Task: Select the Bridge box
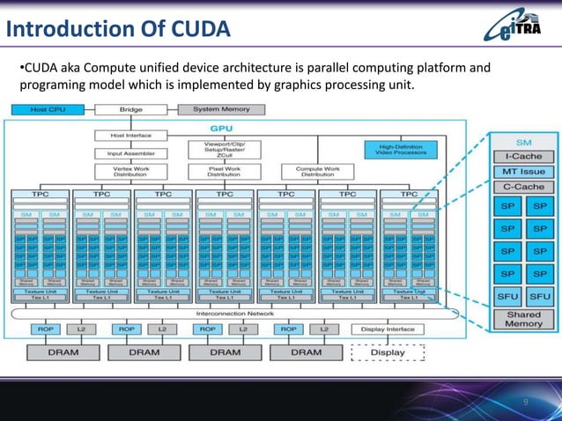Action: pos(130,109)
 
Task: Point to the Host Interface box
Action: pos(130,135)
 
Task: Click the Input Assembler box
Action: pos(130,151)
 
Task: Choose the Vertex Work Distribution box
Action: pos(130,171)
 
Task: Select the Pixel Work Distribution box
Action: pos(225,171)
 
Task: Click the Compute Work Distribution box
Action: pos(317,171)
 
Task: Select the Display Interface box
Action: pos(387,329)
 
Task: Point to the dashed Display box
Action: pos(388,352)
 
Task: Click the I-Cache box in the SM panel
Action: pos(523,156)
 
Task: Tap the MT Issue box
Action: pos(523,172)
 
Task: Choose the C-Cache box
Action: pos(523,187)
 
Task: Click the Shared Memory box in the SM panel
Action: pos(523,319)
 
